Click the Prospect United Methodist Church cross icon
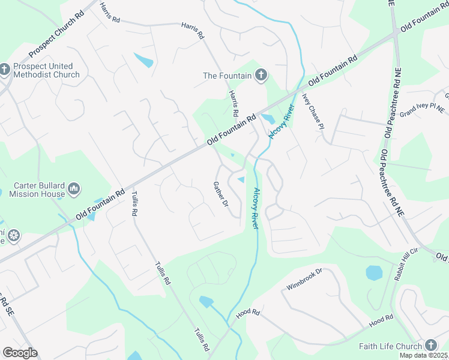5,70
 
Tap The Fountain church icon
261,76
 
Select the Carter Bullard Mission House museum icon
74,190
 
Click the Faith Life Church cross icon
431,346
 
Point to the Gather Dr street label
221,195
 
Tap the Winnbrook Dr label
304,279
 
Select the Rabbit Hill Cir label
405,264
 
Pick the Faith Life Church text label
390,346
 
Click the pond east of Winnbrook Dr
374,273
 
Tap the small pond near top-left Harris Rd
144,60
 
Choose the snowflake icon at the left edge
12,235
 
